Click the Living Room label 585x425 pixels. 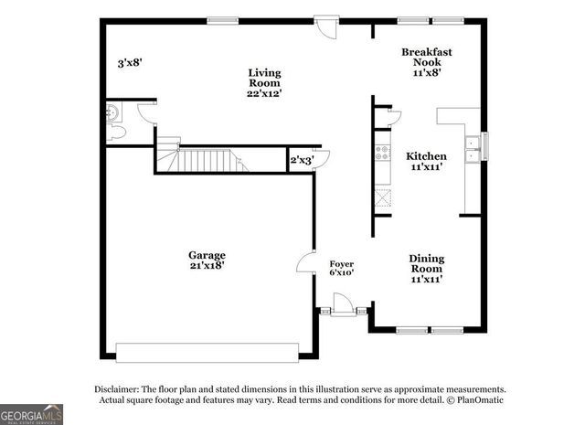point(265,82)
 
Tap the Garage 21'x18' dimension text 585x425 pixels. point(207,260)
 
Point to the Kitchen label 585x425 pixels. point(426,162)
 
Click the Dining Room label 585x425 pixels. point(426,269)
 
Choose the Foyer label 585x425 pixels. point(342,267)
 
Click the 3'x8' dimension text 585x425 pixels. point(129,63)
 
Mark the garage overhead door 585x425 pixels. point(207,350)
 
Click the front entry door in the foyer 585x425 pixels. point(344,304)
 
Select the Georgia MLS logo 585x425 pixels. point(33,414)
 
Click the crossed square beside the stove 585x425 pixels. point(383,197)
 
